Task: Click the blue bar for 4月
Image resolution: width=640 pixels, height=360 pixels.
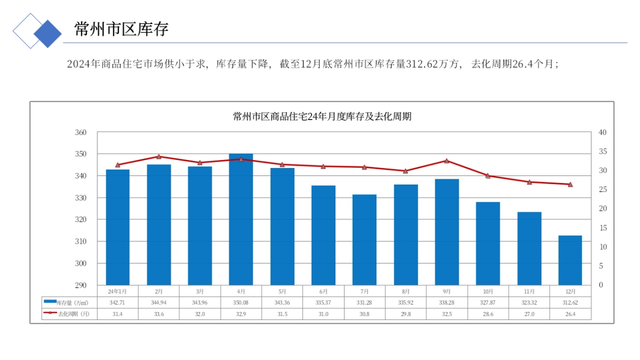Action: click(x=241, y=219)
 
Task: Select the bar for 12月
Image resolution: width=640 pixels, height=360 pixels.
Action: click(x=570, y=260)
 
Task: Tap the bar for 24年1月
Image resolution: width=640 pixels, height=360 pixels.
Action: click(x=118, y=227)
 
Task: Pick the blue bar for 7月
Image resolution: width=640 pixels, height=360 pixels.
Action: click(x=364, y=239)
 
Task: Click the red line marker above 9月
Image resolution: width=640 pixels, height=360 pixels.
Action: click(x=447, y=161)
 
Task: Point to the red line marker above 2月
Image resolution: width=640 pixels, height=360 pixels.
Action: click(x=159, y=156)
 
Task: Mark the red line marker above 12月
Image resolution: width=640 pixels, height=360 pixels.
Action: click(x=570, y=184)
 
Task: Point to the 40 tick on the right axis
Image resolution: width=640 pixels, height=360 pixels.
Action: click(x=602, y=132)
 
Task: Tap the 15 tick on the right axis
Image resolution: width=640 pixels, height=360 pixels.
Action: click(x=602, y=228)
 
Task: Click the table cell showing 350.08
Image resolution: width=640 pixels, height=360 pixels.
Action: click(x=241, y=302)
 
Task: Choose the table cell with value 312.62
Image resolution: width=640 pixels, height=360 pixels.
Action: click(x=570, y=302)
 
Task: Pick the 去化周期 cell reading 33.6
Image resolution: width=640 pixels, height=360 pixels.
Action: click(x=159, y=314)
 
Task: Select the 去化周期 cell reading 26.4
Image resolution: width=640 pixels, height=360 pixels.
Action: click(x=570, y=314)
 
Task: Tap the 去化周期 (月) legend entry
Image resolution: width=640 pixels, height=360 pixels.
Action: click(x=72, y=314)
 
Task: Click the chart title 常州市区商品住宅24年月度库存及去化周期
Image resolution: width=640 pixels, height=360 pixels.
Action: click(x=322, y=117)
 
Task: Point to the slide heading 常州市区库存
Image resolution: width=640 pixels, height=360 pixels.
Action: click(x=121, y=29)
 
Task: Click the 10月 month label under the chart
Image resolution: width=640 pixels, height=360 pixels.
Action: click(x=488, y=292)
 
